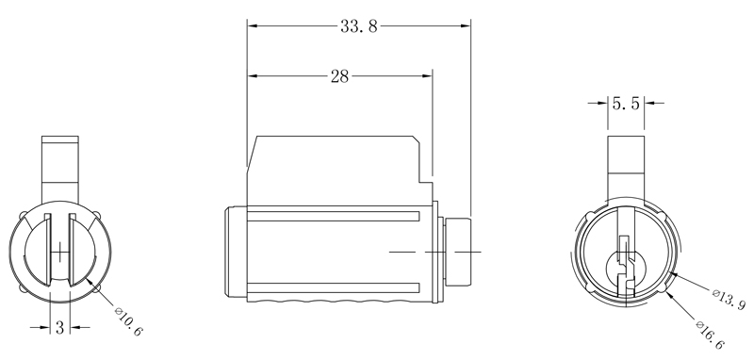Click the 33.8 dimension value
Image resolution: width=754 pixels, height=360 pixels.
click(359, 26)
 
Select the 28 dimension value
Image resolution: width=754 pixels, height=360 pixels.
click(339, 77)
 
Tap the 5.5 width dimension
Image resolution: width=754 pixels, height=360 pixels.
click(627, 104)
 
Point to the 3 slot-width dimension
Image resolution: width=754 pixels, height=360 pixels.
click(59, 329)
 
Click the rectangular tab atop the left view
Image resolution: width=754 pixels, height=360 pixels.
click(59, 166)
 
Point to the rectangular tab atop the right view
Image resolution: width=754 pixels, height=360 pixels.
click(623, 166)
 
